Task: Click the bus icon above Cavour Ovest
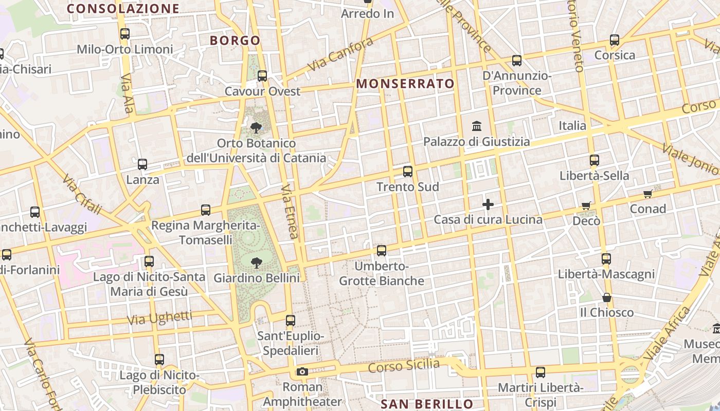coord(262,76)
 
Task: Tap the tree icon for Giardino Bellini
coord(256,263)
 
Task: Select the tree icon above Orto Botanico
coord(256,127)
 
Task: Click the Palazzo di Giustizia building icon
coord(477,126)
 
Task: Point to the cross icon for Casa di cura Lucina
coord(488,204)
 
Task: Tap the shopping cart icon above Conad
coord(648,194)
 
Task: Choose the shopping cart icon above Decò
coord(586,206)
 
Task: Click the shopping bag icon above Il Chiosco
coord(607,297)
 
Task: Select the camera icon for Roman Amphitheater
coord(302,371)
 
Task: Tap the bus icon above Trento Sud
coord(408,172)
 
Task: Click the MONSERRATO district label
coord(405,84)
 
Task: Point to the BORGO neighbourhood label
coord(235,41)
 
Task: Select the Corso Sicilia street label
coord(404,366)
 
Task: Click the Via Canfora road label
coord(340,54)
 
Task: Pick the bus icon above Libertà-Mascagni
coord(606,259)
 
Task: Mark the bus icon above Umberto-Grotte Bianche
coord(382,251)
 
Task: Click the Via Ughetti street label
coord(159,318)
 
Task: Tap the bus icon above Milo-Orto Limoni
coord(125,34)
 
